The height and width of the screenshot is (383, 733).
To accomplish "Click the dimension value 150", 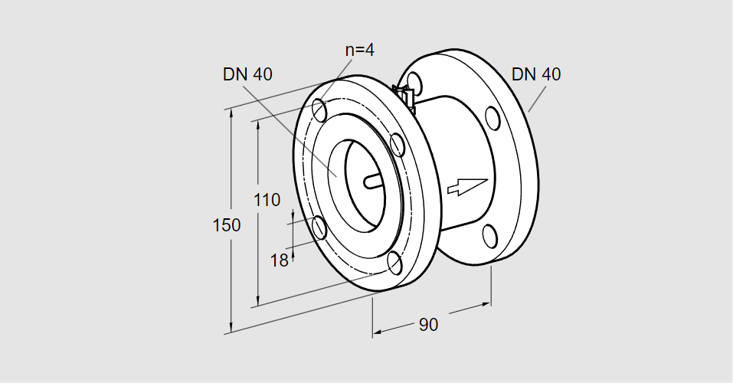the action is [227, 225].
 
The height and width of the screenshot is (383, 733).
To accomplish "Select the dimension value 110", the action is [267, 200].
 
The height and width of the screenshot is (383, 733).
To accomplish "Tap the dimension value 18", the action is [279, 260].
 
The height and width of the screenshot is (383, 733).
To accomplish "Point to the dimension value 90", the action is [428, 325].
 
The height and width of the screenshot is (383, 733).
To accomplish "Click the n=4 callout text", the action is [359, 50].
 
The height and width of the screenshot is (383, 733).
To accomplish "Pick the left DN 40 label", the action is [247, 74].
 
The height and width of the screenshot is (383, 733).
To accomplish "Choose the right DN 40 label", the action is [536, 74].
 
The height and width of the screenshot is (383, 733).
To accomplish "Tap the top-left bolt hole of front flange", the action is [319, 110].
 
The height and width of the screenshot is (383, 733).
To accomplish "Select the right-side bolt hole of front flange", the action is [397, 145].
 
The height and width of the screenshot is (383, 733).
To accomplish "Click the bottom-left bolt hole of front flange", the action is [319, 228].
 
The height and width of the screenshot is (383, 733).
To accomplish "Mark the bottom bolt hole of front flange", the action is [395, 263].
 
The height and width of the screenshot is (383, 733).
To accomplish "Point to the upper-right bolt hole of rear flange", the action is [492, 118].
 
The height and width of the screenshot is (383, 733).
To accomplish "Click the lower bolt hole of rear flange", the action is [489, 236].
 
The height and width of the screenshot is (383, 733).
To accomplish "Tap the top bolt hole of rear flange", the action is [414, 83].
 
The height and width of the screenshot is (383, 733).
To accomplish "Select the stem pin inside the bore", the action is [373, 182].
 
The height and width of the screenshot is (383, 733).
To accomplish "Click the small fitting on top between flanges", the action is [405, 97].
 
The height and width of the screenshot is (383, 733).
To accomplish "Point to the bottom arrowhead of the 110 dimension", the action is [258, 302].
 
